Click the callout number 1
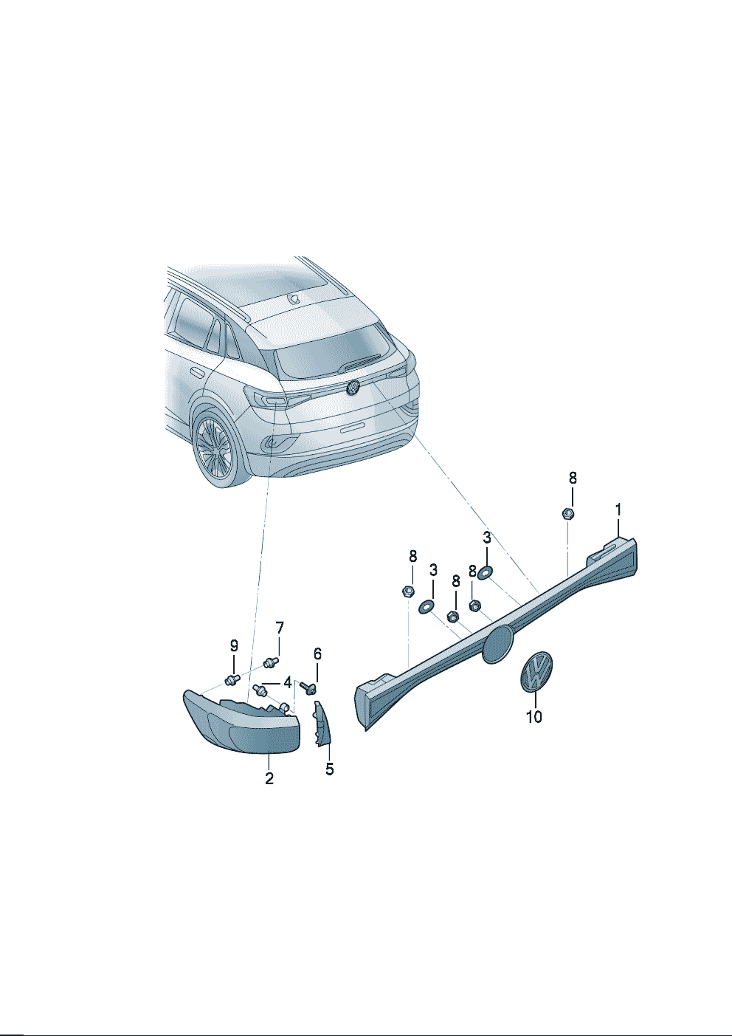tap(618, 510)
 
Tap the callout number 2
tap(269, 778)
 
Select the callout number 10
tap(534, 717)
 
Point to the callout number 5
tap(329, 769)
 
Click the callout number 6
tap(317, 653)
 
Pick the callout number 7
tap(279, 628)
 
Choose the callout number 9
tap(234, 645)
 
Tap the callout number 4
tap(288, 682)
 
